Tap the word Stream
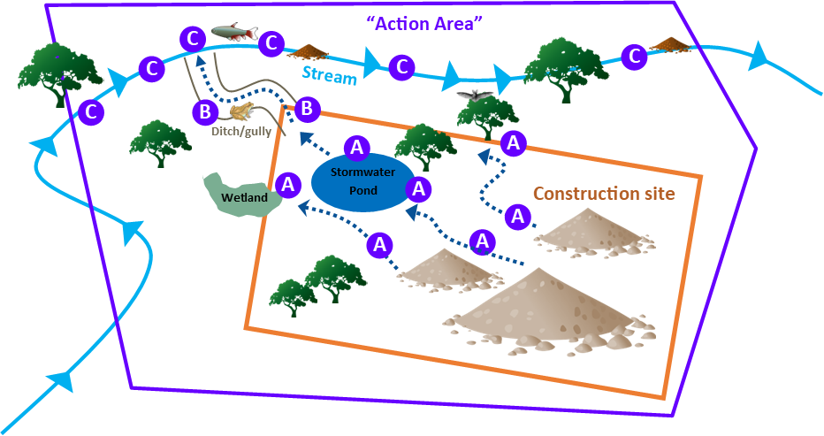click(x=329, y=75)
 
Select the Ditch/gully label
click(x=241, y=132)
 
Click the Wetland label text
click(x=245, y=197)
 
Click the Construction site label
click(x=604, y=194)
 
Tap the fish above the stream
click(x=232, y=33)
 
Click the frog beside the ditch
click(x=241, y=111)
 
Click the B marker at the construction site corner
click(x=306, y=109)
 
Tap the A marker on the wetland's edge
click(x=286, y=185)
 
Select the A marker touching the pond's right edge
click(x=420, y=187)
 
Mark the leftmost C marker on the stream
click(x=90, y=112)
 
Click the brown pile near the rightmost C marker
click(x=669, y=43)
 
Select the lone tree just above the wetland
click(x=160, y=142)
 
